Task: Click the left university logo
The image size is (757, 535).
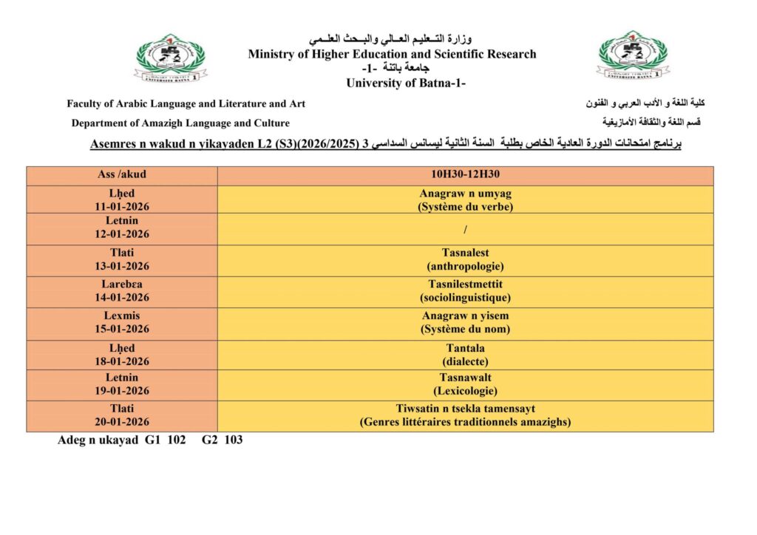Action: pyautogui.click(x=171, y=58)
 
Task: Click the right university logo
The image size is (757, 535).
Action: pyautogui.click(x=632, y=55)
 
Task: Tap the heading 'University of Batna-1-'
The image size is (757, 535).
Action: pyautogui.click(x=406, y=83)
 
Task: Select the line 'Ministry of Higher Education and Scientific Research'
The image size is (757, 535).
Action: pyautogui.click(x=392, y=54)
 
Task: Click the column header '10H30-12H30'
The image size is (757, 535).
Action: pyautogui.click(x=466, y=176)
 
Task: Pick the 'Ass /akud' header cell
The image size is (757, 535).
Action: pyautogui.click(x=122, y=176)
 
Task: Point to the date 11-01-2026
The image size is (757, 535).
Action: pyautogui.click(x=122, y=207)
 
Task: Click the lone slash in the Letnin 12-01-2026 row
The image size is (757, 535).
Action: pyautogui.click(x=466, y=229)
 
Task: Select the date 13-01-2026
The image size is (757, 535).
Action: pyautogui.click(x=122, y=267)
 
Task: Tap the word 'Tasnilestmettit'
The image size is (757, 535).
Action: pyautogui.click(x=466, y=284)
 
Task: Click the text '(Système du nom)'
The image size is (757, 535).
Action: pyautogui.click(x=466, y=330)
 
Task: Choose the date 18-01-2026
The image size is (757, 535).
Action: pyautogui.click(x=122, y=361)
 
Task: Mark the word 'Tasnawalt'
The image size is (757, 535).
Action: pyautogui.click(x=466, y=378)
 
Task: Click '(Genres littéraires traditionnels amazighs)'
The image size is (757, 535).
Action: pyautogui.click(x=466, y=423)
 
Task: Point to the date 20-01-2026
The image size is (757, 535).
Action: pyautogui.click(x=122, y=422)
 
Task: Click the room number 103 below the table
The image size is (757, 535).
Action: pyautogui.click(x=233, y=440)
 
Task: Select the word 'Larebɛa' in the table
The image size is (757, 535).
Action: pyautogui.click(x=122, y=284)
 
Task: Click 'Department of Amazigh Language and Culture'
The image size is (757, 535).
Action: pyautogui.click(x=180, y=123)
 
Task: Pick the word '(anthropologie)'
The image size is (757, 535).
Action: pyautogui.click(x=466, y=266)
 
